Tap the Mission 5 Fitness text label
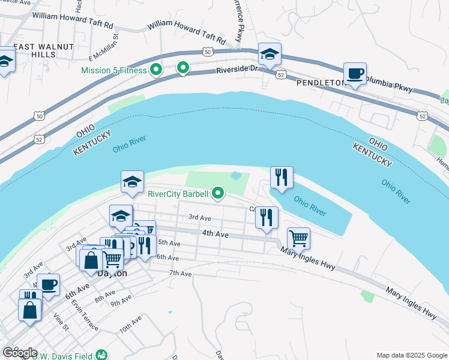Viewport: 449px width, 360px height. point(114,70)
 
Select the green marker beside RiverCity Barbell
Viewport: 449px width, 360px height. point(219,193)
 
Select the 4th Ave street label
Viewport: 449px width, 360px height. point(215,233)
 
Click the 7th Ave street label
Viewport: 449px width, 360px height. point(179,273)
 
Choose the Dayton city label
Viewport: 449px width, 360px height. point(112,273)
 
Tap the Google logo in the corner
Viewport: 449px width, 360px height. point(20,353)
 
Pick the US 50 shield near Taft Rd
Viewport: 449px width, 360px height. point(207,52)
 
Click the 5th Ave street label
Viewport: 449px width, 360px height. point(169,243)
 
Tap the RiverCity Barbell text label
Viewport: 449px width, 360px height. point(178,194)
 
